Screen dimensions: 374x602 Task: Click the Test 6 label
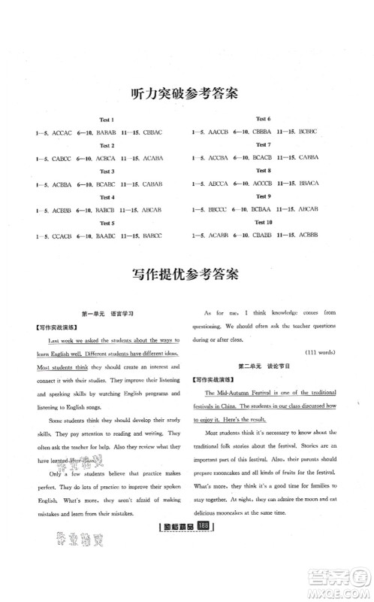click(264, 120)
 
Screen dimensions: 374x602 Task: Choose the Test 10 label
click(264, 223)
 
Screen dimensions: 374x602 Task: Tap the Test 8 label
click(264, 172)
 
